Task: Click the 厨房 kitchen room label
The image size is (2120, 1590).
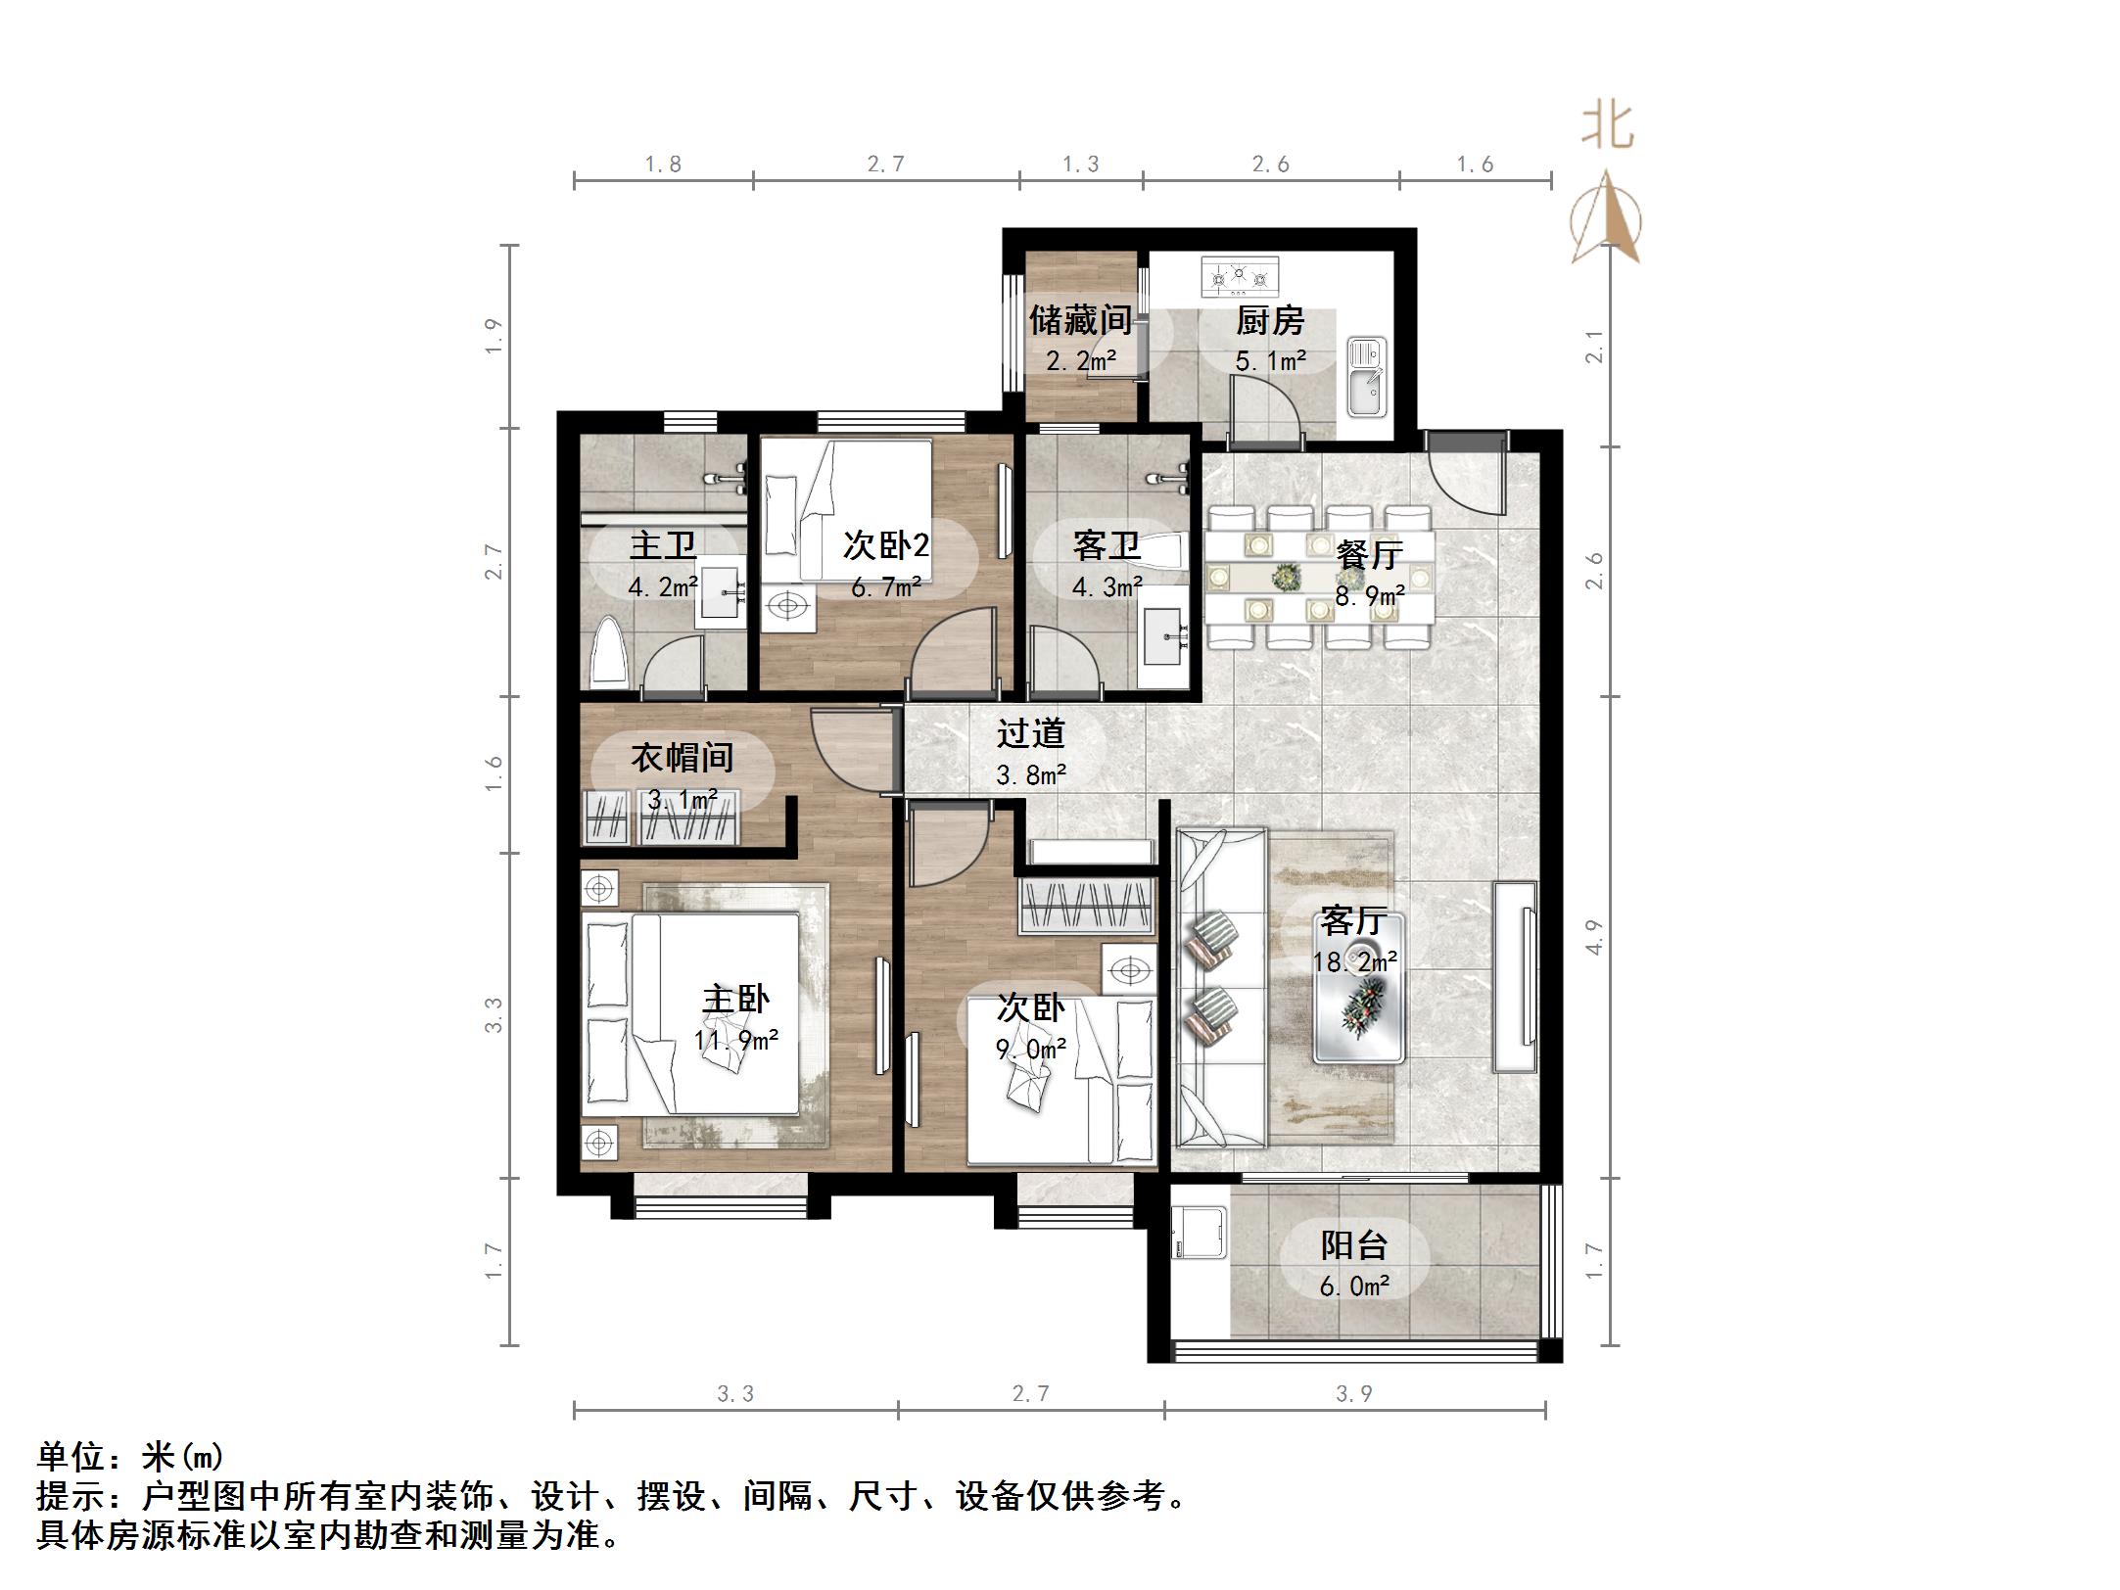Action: (1269, 320)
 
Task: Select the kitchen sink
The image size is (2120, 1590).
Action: (1365, 377)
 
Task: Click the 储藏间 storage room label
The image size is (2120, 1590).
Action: (1080, 320)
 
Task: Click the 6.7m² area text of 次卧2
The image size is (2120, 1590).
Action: (885, 586)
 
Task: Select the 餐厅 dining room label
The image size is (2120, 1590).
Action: (1369, 554)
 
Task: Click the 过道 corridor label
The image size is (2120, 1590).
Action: (1030, 733)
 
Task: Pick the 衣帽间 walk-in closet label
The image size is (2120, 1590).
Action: (682, 757)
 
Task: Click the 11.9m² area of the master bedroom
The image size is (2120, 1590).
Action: (736, 1039)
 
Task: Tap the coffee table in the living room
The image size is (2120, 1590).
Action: (1359, 989)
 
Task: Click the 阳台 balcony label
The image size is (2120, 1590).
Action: (1354, 1245)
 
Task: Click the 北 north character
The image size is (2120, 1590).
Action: (1607, 127)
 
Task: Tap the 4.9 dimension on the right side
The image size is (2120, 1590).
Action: (1594, 937)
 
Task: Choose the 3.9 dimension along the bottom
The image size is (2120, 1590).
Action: (1354, 1393)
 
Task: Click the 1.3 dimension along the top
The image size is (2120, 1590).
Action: (1081, 164)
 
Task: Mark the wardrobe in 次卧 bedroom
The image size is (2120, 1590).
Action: (1088, 907)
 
